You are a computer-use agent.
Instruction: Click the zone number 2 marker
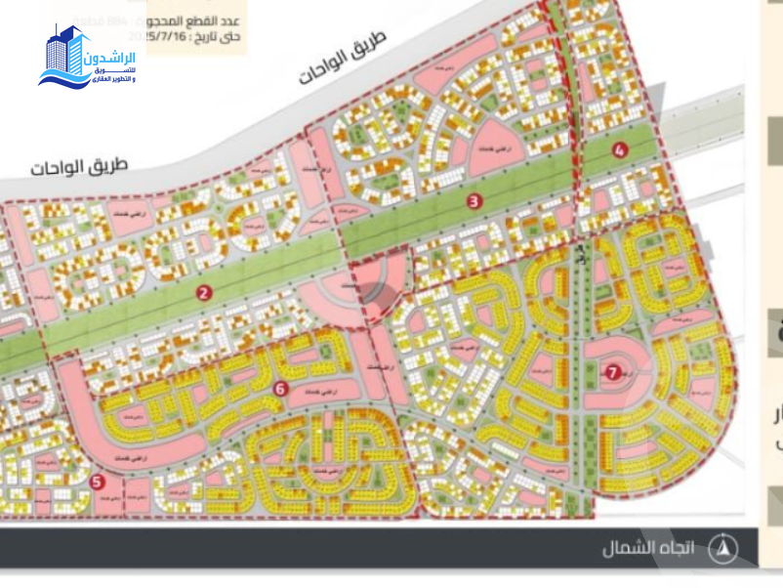point(204,292)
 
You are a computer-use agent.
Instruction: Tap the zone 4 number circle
point(619,150)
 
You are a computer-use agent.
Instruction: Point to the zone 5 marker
point(96,481)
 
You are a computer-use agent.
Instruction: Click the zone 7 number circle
point(612,371)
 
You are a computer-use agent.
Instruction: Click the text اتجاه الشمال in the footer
point(649,549)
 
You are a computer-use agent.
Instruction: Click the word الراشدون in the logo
point(116,58)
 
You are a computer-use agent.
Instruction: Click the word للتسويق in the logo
point(123,69)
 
